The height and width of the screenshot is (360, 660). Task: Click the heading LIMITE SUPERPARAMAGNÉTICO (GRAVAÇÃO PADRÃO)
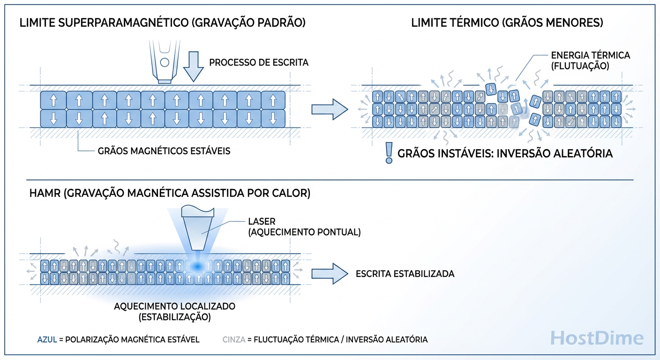point(163,23)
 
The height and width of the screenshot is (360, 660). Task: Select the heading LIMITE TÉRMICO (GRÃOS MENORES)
point(507,23)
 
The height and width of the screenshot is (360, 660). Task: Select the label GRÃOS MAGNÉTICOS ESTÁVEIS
point(164,151)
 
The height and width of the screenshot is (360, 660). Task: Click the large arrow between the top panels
point(330,109)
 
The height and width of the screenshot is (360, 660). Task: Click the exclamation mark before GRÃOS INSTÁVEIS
point(388,153)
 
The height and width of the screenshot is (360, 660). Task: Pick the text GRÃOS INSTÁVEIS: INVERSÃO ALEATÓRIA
point(505,153)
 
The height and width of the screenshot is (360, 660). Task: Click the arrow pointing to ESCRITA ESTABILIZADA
point(330,273)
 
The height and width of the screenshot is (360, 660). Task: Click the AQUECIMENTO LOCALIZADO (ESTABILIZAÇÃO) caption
point(174,311)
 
